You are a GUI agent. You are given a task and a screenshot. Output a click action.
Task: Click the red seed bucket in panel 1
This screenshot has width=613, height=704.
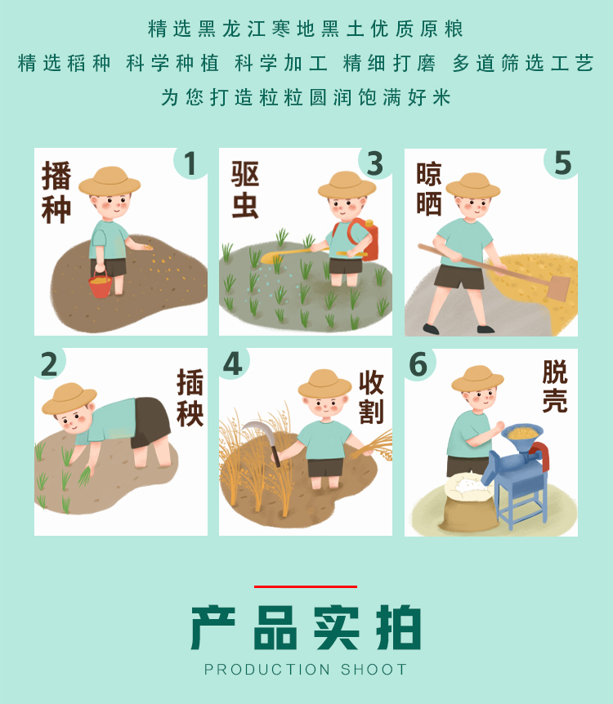(x=101, y=285)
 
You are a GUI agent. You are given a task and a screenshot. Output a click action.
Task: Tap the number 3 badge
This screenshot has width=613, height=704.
(x=375, y=163)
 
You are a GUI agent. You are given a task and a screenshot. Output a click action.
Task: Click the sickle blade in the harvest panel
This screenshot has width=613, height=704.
(x=259, y=433)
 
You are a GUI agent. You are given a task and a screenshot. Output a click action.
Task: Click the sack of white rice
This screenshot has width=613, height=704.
(x=468, y=501)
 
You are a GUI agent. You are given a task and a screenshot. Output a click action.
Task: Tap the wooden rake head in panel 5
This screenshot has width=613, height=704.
(x=558, y=287)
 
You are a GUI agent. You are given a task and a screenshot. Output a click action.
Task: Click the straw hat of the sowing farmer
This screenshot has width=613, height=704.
(x=110, y=181)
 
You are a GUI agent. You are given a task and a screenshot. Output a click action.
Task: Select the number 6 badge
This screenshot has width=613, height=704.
(x=418, y=364)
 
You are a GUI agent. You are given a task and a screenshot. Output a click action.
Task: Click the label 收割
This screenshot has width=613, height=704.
(x=371, y=398)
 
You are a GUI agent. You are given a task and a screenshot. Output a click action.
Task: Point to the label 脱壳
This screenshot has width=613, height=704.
(x=555, y=386)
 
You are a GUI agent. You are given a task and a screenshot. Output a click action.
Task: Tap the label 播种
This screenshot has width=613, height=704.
(x=56, y=192)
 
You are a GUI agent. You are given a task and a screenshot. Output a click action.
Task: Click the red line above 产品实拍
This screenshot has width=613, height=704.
(x=306, y=586)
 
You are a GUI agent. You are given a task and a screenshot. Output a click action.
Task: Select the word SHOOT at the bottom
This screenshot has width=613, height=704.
(x=374, y=670)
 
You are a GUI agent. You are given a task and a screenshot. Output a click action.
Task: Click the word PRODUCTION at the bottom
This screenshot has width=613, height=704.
(x=267, y=670)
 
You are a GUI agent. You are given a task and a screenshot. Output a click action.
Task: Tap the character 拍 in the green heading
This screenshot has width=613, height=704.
(x=399, y=627)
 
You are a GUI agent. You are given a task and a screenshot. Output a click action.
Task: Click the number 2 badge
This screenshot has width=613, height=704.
(x=49, y=364)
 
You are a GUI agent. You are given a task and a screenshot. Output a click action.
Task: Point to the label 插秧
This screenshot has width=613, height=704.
(x=190, y=398)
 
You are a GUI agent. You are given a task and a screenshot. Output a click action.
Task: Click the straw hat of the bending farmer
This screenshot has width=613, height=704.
(x=69, y=399)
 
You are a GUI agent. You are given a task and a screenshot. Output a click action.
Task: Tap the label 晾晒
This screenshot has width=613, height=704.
(x=429, y=189)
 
